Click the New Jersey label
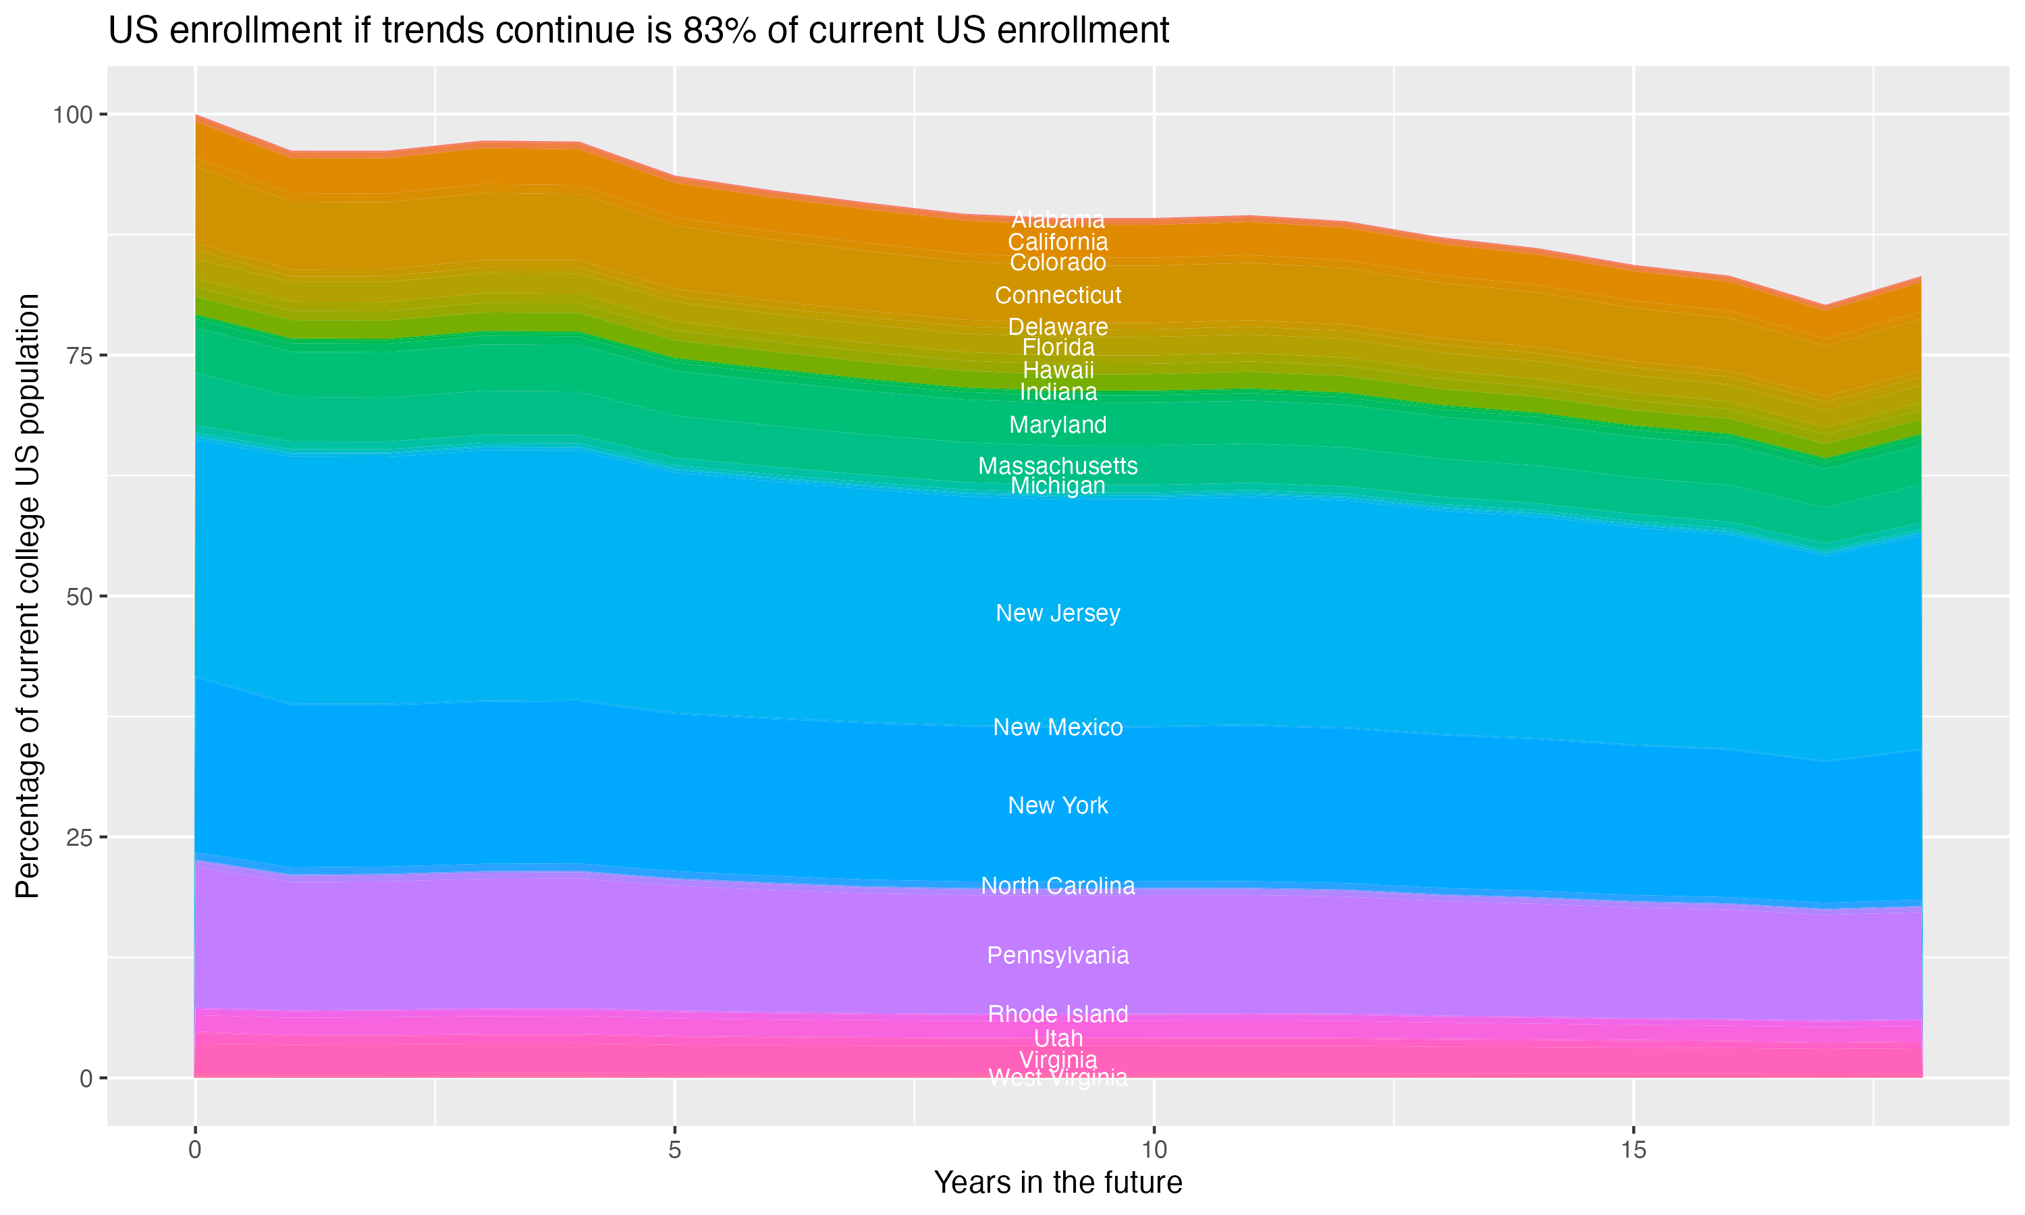pos(1058,613)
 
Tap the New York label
pos(1058,806)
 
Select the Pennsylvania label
pos(1058,955)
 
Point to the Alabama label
pos(1058,220)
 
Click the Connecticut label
pos(1058,296)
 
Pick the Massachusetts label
pos(1058,466)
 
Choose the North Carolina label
pos(1058,886)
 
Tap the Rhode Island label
pos(1058,1015)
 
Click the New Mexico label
pos(1058,727)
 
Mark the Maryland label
pos(1058,425)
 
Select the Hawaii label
pos(1058,370)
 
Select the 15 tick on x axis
pos(1633,1150)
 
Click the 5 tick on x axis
pos(674,1150)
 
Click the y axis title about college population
pos(28,596)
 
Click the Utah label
pos(1058,1039)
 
